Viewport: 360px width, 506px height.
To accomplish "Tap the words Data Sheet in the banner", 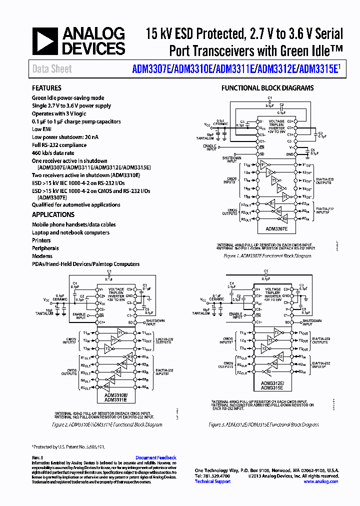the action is tap(52, 69).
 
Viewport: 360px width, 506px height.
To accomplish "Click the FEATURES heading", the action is tap(46, 88).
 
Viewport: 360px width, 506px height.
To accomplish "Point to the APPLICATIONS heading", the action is tap(53, 214).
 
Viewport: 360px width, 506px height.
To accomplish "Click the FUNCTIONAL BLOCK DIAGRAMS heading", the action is tap(267, 88).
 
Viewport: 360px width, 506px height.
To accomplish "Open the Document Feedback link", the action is tap(155, 457).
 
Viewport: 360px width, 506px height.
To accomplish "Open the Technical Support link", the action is tap(212, 481).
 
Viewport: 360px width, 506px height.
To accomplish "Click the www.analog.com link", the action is tap(320, 481).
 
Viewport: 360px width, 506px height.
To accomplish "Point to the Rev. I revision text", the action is tap(37, 457).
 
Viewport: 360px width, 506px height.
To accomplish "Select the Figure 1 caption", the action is tap(267, 256).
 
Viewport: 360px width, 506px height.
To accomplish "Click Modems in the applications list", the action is tap(42, 256).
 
